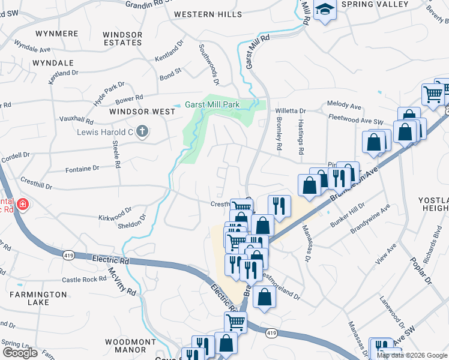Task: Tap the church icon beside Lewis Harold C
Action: click(142, 131)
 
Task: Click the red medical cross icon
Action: click(23, 205)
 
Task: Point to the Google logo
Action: click(20, 353)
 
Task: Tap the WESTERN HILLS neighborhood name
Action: click(208, 14)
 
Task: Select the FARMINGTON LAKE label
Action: click(38, 298)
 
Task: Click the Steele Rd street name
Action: click(116, 155)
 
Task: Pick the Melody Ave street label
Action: click(344, 105)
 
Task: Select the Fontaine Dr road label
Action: click(79, 169)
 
